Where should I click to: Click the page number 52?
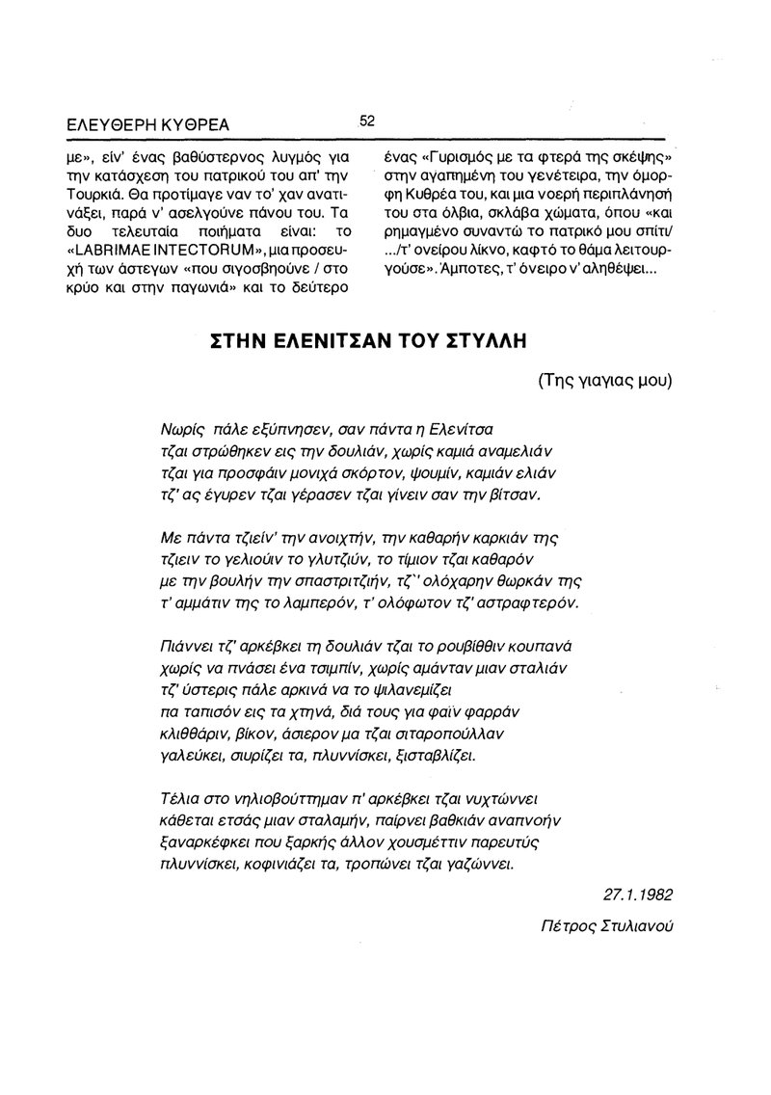point(366,121)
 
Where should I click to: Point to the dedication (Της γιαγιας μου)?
point(605,379)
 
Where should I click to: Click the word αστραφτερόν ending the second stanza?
point(530,603)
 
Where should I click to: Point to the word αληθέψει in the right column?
point(623,271)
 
